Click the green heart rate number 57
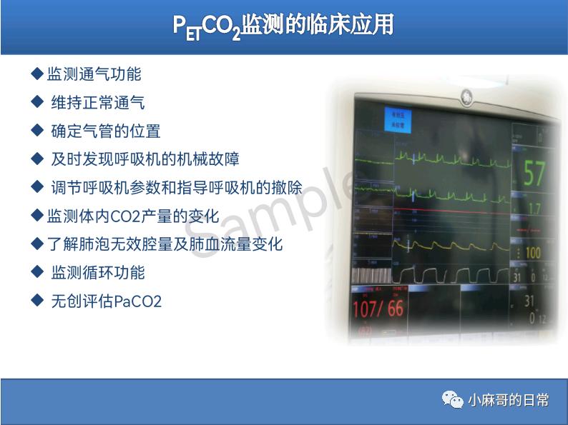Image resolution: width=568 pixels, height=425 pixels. [534, 174]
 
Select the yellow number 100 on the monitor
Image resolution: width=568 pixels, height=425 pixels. [533, 252]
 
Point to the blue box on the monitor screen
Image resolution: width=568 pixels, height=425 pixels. [395, 119]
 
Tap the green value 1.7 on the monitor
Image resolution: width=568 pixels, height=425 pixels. [534, 209]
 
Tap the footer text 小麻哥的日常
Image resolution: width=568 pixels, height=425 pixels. [509, 400]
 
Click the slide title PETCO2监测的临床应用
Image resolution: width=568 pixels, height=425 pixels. [283, 26]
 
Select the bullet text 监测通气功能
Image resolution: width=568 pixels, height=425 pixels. [94, 74]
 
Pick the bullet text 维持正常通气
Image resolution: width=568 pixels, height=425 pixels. [97, 102]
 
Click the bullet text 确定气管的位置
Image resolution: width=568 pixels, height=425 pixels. [105, 131]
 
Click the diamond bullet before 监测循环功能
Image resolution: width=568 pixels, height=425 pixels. [38, 272]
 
